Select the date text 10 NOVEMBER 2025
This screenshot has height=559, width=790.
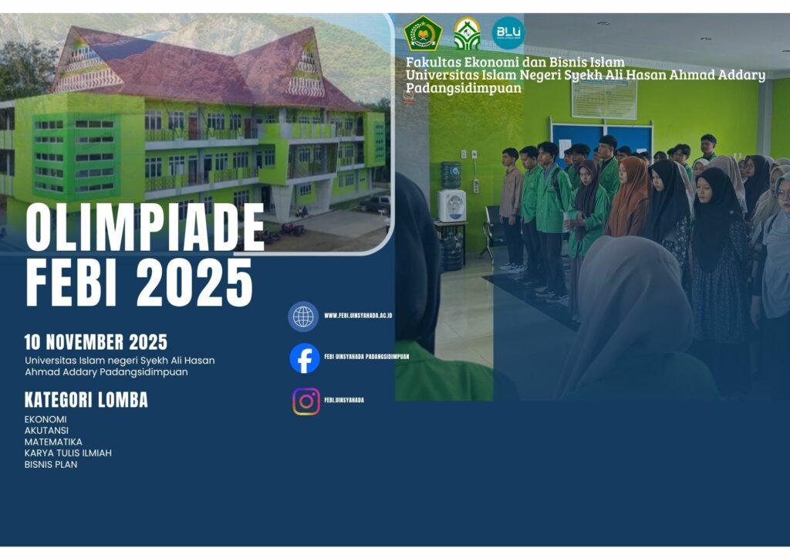(96, 342)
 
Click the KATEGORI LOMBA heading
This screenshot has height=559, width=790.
(86, 400)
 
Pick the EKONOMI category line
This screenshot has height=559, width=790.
(46, 419)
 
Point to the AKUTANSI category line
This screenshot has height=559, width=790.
(46, 431)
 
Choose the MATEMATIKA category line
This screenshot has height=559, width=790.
(53, 442)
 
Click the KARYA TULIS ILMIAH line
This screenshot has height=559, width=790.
(68, 453)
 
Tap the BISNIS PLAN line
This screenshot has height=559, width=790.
(51, 465)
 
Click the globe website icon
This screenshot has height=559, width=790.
(303, 317)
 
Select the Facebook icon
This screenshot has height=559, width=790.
(305, 358)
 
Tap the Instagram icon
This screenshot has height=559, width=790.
(306, 401)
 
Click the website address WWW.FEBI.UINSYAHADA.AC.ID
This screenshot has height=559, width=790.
(358, 316)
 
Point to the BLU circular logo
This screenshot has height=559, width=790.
(508, 33)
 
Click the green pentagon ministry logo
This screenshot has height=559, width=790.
(423, 33)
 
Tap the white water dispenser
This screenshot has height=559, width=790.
(451, 205)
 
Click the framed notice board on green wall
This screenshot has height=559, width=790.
(604, 99)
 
